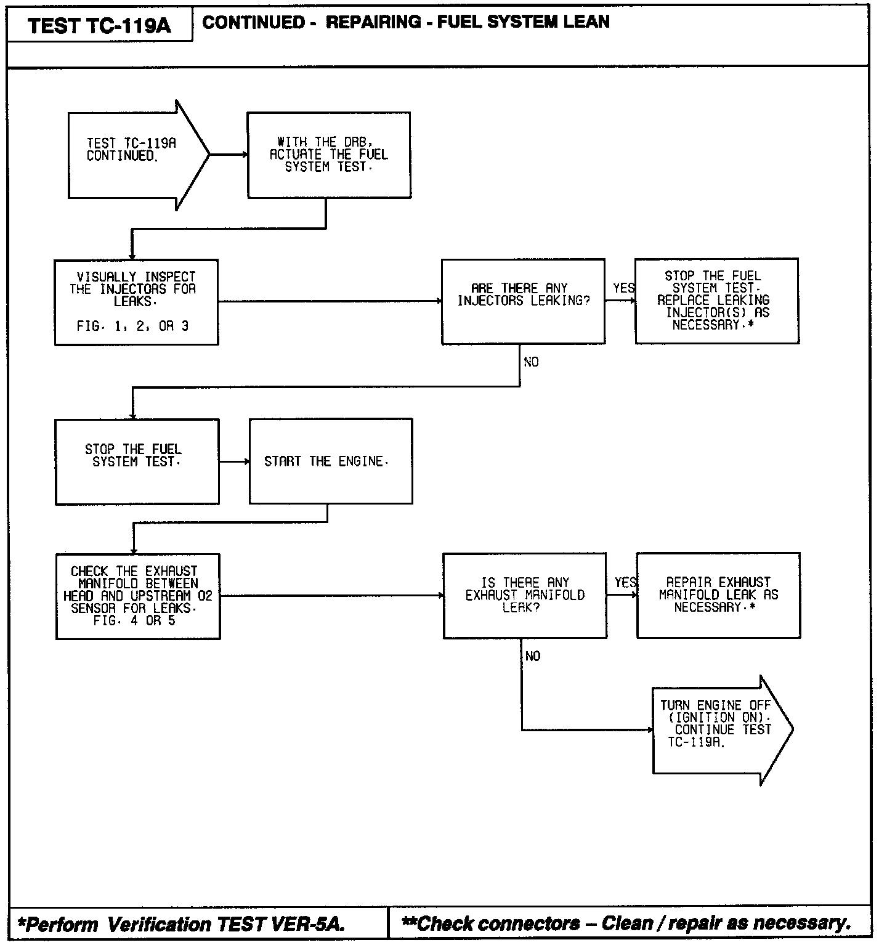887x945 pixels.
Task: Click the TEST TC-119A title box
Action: [99, 25]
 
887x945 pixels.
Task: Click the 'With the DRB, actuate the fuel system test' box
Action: [329, 155]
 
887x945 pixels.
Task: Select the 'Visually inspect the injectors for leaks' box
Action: [136, 302]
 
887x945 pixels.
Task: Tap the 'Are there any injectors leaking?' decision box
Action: [523, 301]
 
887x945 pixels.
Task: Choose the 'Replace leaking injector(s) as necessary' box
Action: [716, 301]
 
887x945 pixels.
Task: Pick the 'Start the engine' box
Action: [331, 461]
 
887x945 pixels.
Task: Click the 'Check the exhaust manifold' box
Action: [138, 596]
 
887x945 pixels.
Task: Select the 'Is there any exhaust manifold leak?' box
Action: [525, 595]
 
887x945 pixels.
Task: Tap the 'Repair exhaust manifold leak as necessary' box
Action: [718, 595]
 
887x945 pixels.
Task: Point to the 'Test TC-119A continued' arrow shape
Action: [132, 155]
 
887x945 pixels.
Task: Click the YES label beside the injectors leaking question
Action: [623, 288]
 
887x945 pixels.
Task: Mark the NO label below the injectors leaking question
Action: [531, 362]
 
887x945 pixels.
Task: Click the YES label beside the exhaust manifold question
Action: [625, 583]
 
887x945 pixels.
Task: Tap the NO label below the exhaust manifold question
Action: [533, 657]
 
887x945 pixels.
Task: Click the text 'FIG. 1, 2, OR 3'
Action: [133, 326]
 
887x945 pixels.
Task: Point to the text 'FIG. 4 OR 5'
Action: [134, 621]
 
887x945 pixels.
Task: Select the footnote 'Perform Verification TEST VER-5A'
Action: [182, 924]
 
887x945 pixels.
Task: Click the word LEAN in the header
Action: [586, 22]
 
